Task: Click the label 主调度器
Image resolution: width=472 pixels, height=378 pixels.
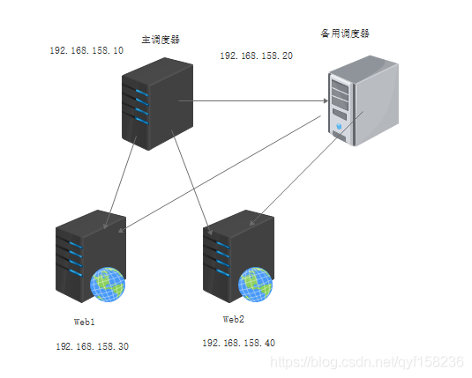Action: coord(161,40)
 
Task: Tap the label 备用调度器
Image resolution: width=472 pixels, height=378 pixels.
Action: coord(345,33)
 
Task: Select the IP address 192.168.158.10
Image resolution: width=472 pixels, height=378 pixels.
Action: coord(86,50)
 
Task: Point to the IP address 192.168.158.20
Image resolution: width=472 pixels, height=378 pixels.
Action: coord(257,56)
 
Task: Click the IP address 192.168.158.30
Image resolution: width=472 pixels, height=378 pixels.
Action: coord(93,346)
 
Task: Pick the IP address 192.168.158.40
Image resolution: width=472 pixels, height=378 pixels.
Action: coord(239,343)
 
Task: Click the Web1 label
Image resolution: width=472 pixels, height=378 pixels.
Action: coord(85,322)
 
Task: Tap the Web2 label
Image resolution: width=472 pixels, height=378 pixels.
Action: coord(234,319)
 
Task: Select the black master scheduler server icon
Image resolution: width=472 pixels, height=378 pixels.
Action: coord(157,104)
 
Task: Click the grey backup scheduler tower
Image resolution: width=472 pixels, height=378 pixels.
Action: coord(363,100)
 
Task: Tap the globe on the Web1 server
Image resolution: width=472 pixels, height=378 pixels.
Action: coord(108,285)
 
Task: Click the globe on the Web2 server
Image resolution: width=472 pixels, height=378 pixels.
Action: coord(255,285)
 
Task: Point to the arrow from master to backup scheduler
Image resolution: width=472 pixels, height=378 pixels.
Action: coord(253,100)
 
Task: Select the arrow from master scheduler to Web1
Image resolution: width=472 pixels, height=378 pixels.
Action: coord(120,182)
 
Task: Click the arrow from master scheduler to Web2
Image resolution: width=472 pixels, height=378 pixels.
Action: coord(192,182)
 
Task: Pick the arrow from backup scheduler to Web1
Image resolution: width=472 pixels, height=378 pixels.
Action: coord(220,174)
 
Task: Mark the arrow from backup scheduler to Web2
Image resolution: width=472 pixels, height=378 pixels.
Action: coord(306,168)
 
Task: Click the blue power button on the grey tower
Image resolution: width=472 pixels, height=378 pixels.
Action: coord(339,126)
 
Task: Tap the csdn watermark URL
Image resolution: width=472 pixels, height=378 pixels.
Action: coord(367,362)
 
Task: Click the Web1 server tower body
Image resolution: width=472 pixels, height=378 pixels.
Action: coord(91,256)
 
